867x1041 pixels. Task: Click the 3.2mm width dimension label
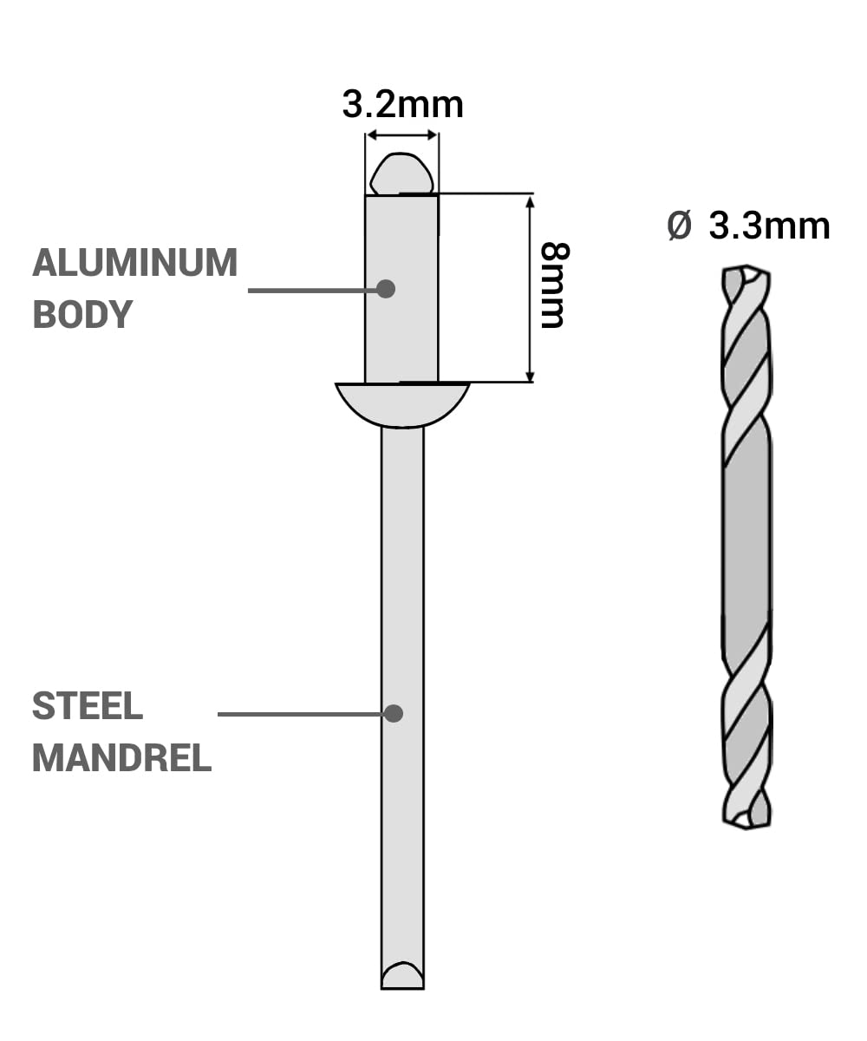[402, 105]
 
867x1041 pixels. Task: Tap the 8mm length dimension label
[555, 285]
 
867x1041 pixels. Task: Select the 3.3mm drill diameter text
[769, 226]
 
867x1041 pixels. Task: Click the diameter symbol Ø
[679, 226]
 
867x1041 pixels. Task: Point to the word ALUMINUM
[135, 263]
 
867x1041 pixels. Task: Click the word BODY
[82, 314]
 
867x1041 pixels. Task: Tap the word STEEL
[88, 706]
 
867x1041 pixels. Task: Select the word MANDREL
[122, 758]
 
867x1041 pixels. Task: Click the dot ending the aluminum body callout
[386, 289]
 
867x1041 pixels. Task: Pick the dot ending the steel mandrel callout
[394, 713]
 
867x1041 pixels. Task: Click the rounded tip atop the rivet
[401, 173]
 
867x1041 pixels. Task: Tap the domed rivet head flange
[402, 404]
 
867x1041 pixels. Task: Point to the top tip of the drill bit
[746, 265]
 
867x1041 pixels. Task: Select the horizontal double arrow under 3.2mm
[401, 134]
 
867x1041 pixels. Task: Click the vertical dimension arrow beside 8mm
[530, 289]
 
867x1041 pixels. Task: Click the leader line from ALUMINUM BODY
[314, 290]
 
